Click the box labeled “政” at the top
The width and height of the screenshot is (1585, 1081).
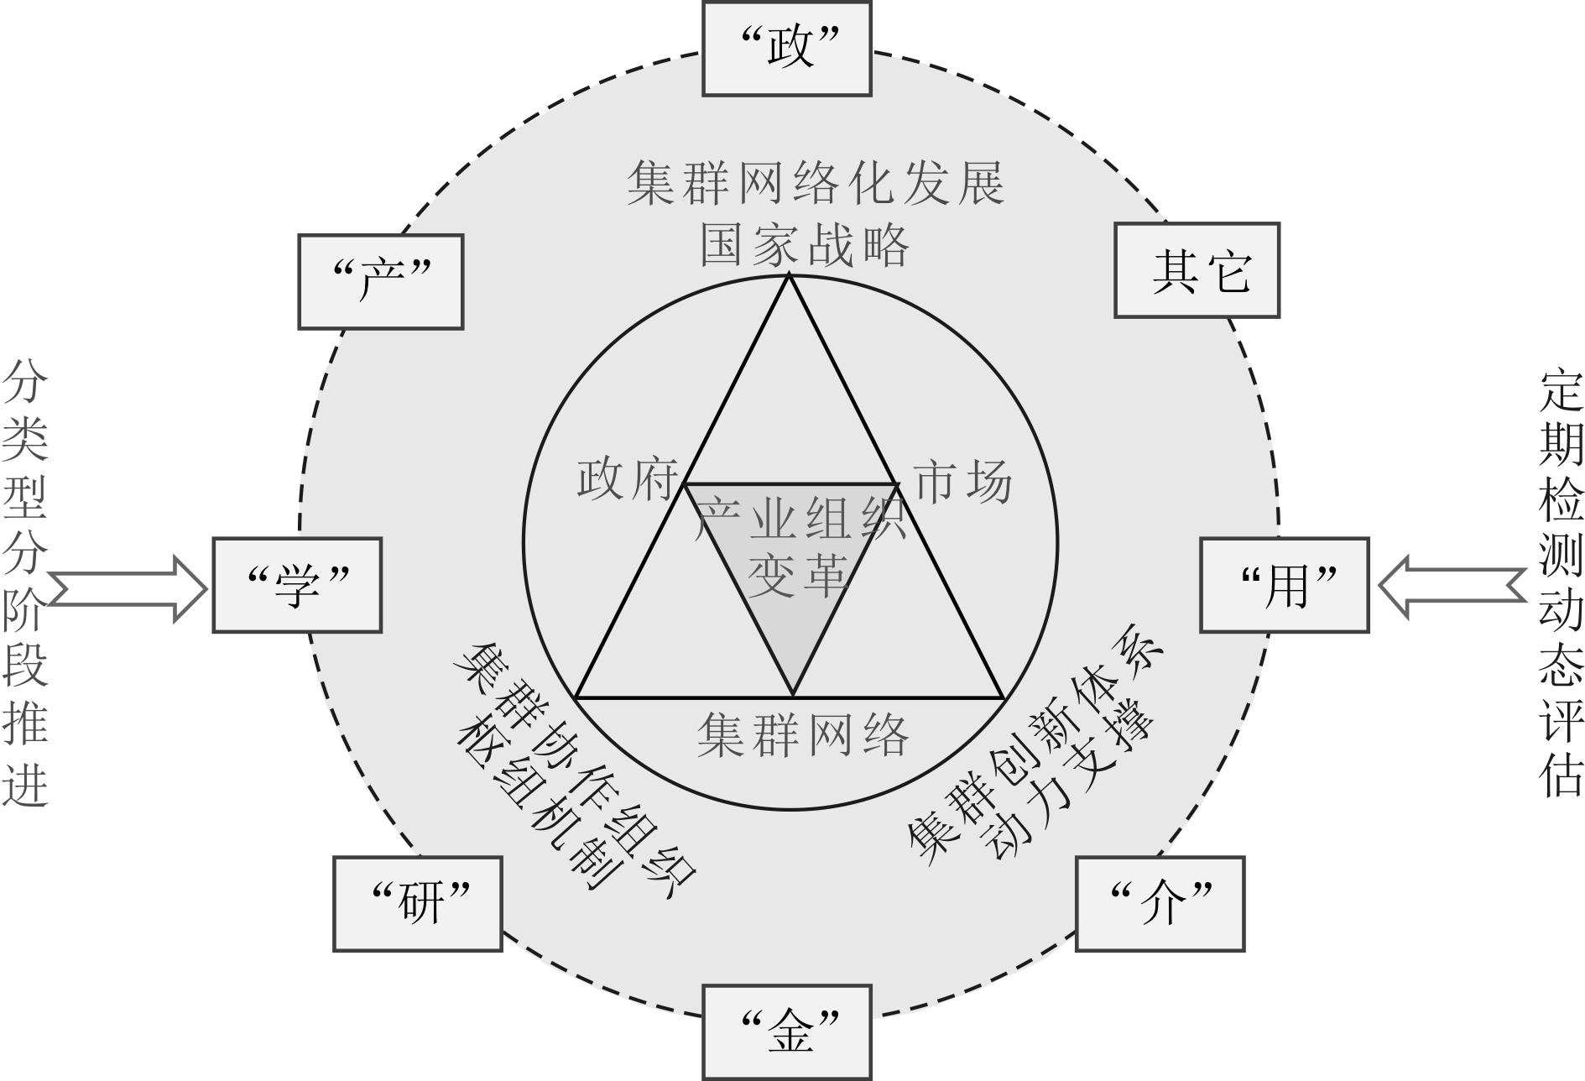coord(787,48)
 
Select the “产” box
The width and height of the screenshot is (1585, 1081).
coord(381,281)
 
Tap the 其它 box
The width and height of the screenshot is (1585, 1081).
coord(1197,270)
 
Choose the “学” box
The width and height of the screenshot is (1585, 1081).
coord(297,585)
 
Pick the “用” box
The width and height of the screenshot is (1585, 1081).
coord(1285,585)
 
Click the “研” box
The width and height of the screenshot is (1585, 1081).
coord(418,903)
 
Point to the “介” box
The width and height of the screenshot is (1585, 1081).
coord(1160,903)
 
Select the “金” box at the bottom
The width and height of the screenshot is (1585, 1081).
coord(787,1032)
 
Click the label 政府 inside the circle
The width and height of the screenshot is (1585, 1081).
coord(627,480)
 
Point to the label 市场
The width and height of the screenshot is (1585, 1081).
coord(962,480)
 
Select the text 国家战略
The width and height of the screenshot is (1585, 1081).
coord(804,245)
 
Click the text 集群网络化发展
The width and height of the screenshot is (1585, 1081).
coord(816,183)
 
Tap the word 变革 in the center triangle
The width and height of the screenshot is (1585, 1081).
coord(795,577)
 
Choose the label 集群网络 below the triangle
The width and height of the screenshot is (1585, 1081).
coord(803,735)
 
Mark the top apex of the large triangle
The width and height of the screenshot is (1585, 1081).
coord(789,276)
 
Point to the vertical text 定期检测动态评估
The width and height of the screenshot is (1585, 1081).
coord(1561,585)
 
